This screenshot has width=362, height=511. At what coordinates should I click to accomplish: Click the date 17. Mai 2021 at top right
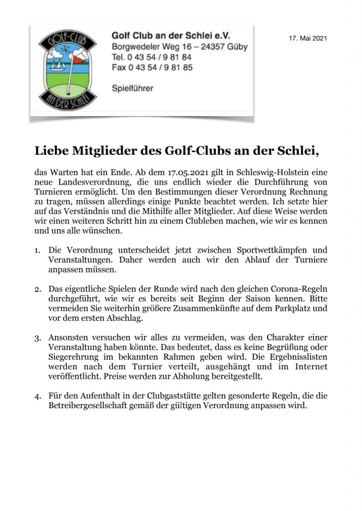pos(308,38)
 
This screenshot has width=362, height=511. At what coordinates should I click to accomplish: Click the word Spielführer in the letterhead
pos(132,88)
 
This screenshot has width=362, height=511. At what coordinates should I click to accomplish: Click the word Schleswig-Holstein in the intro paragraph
pos(277,173)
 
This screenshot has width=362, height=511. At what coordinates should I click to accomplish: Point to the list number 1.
pos(37,250)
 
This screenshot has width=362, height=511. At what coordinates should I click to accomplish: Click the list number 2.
pos(37,289)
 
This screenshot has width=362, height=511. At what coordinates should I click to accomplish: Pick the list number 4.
pos(37,396)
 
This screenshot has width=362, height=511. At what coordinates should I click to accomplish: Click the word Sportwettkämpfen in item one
pos(267,250)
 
